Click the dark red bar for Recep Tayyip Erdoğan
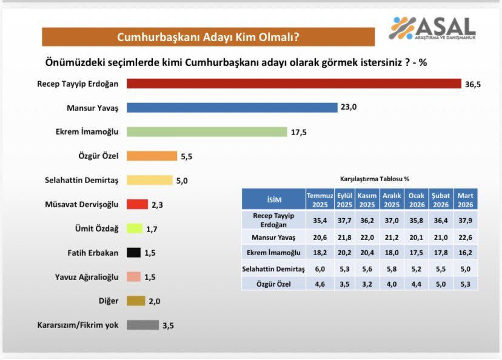tap(293, 83)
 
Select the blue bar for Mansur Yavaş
tap(232, 107)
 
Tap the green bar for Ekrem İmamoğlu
tap(206, 132)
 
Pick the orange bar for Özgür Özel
tap(152, 156)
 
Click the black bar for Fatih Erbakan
tap(133, 253)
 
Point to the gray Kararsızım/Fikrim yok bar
tap(142, 325)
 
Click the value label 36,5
tap(473, 84)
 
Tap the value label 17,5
tap(298, 132)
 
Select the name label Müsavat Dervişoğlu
tap(82, 204)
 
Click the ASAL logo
tap(432, 28)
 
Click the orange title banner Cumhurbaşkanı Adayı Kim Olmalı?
tap(207, 37)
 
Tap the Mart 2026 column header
tap(466, 199)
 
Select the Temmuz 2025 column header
tap(320, 199)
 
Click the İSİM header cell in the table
tap(273, 200)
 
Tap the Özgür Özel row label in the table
tap(273, 282)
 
